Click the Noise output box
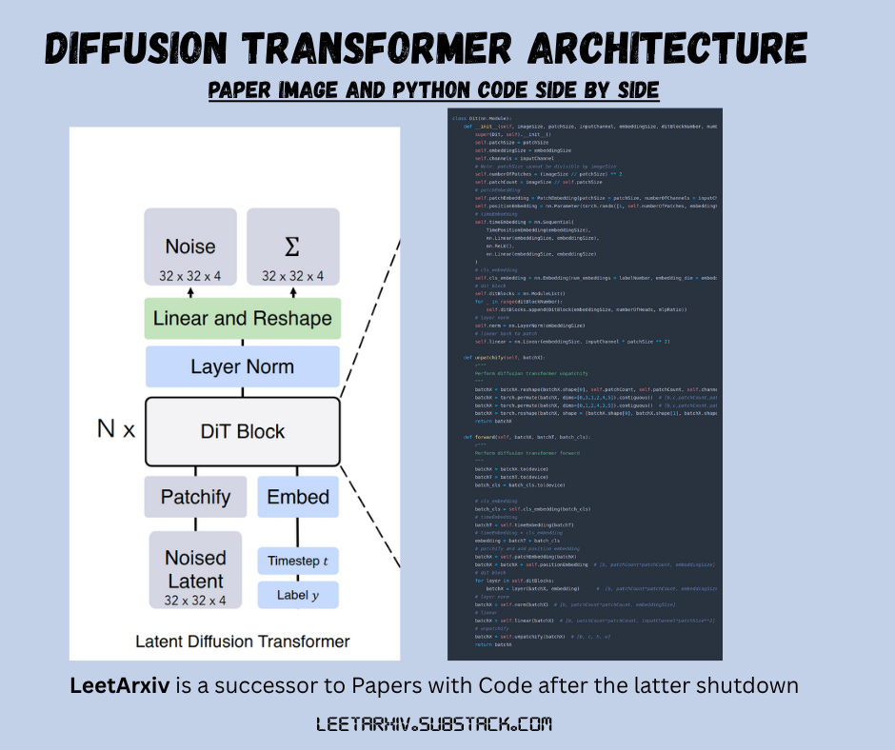tap(190, 248)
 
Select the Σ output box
tap(292, 248)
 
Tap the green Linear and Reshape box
tap(242, 318)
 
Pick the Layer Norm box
tap(242, 366)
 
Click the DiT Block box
tap(242, 431)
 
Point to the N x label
tap(116, 429)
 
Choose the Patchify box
tap(195, 497)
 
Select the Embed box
tap(298, 497)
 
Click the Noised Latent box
tap(195, 569)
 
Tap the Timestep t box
tap(298, 561)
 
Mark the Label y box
tap(298, 595)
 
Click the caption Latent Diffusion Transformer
tap(242, 641)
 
